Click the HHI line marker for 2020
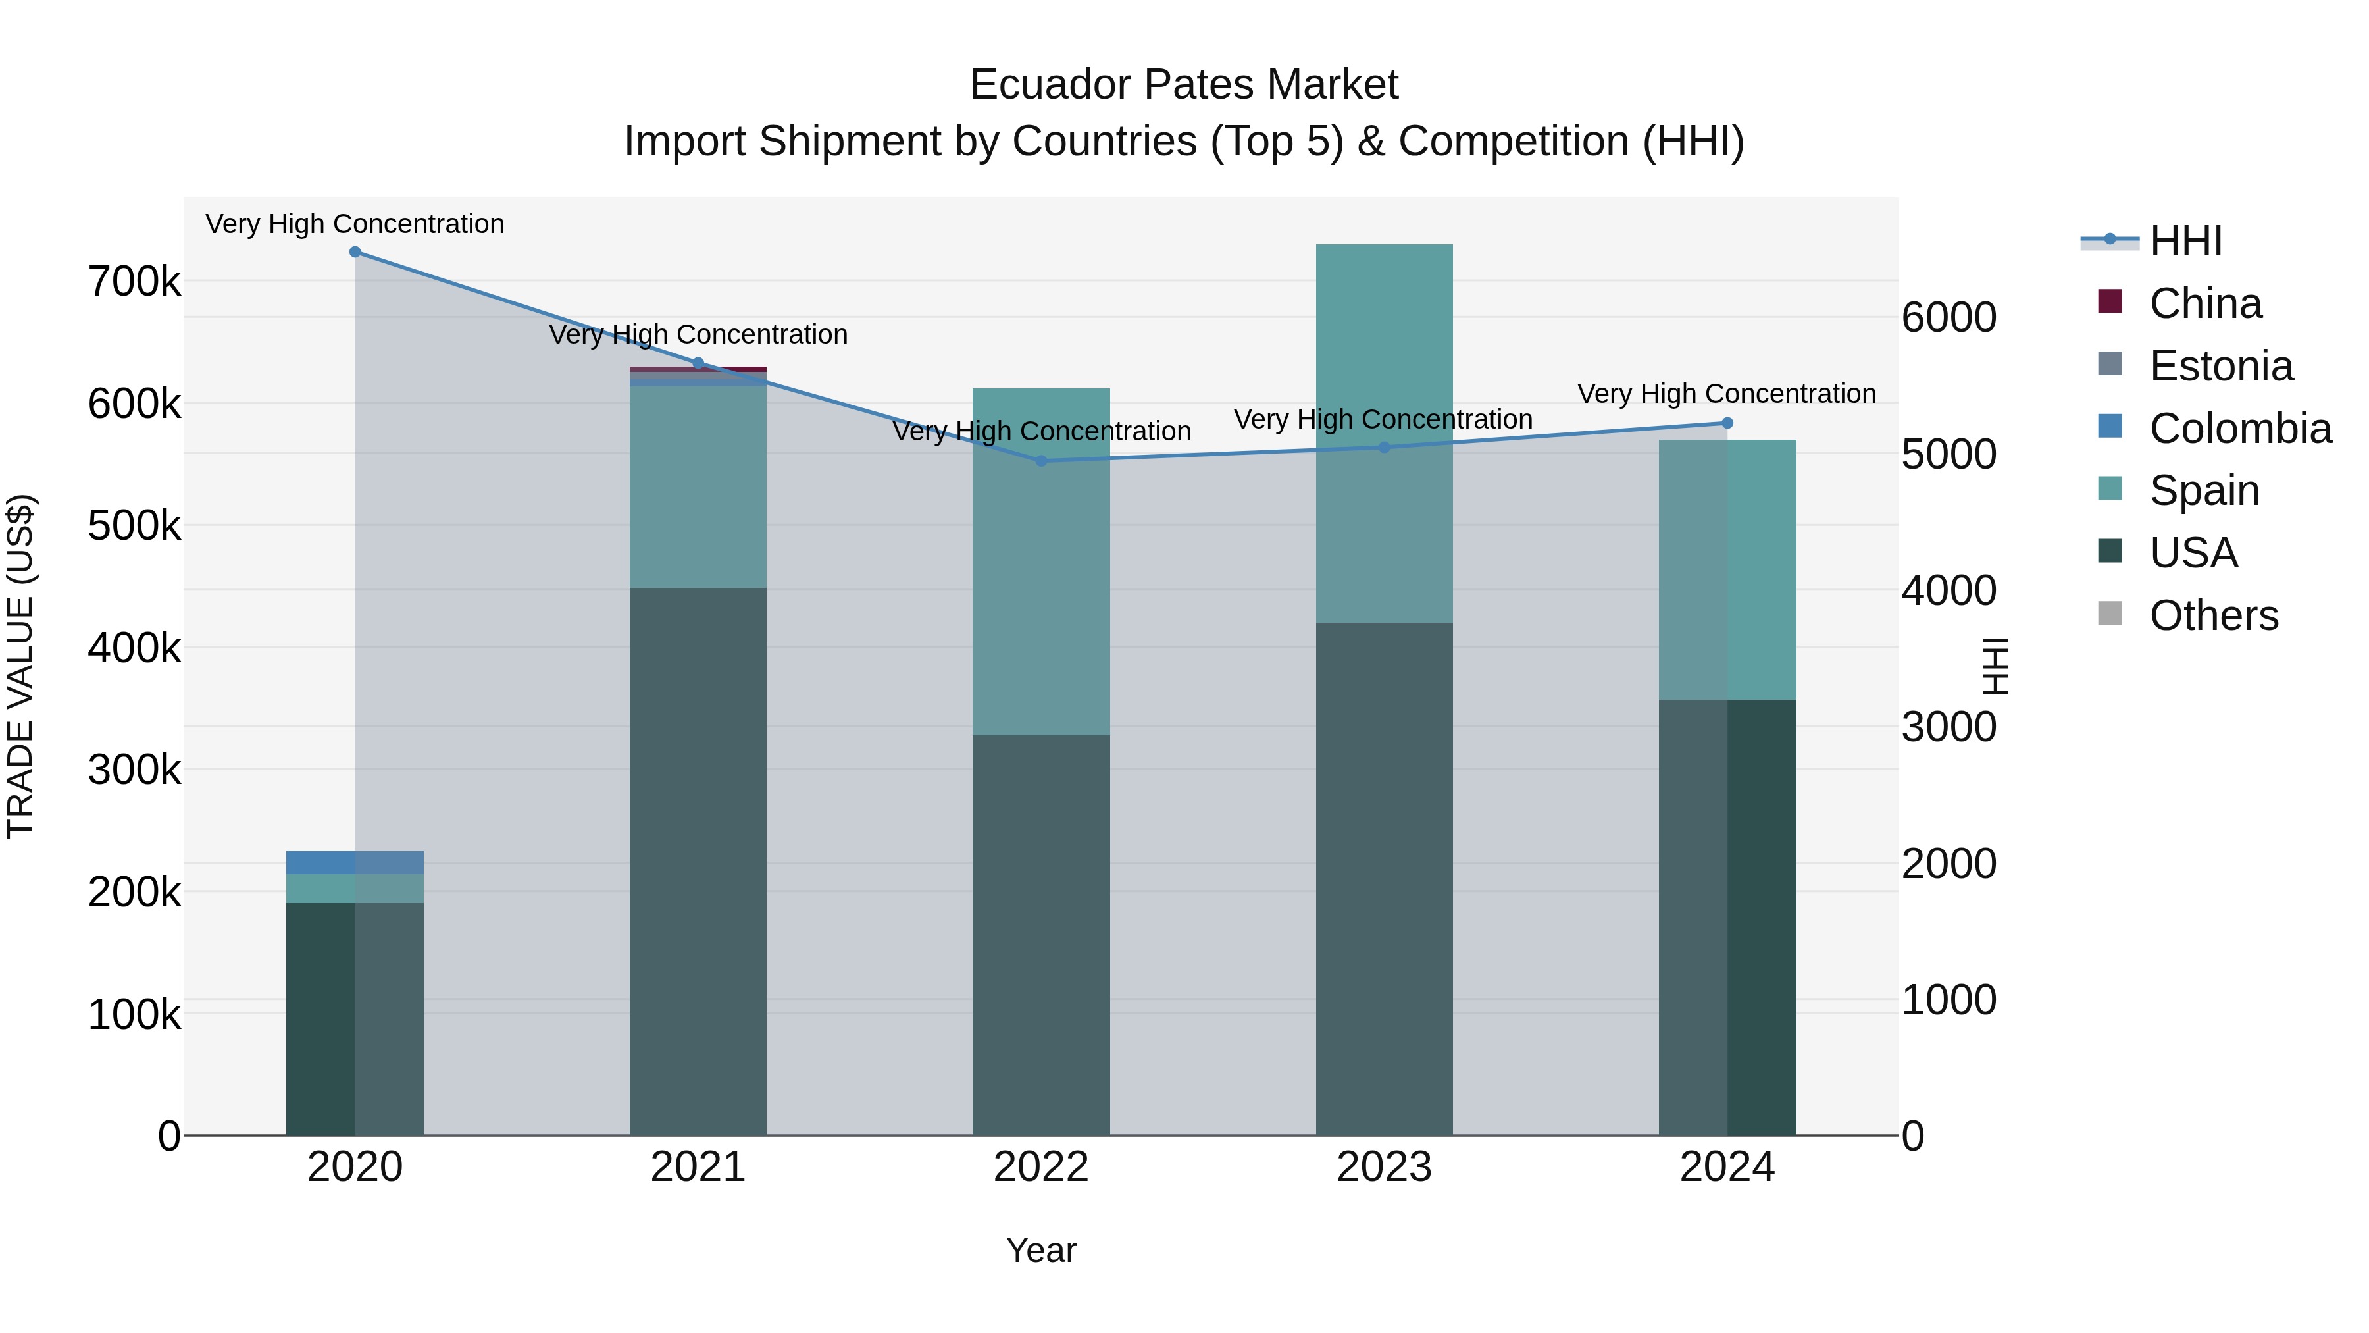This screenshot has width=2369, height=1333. click(x=355, y=252)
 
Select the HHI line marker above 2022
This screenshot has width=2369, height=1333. click(x=1041, y=461)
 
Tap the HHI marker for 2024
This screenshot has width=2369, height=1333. click(x=1727, y=423)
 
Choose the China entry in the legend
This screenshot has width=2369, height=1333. click(x=2204, y=303)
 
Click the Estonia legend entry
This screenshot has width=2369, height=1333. click(x=2220, y=366)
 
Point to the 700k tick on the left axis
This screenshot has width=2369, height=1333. click(x=134, y=282)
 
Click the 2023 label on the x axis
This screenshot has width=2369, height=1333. click(x=1384, y=1167)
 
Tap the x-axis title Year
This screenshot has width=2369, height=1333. click(x=1041, y=1250)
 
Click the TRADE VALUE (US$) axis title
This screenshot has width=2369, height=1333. click(x=20, y=666)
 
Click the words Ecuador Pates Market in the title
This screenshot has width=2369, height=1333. click(x=1184, y=85)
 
